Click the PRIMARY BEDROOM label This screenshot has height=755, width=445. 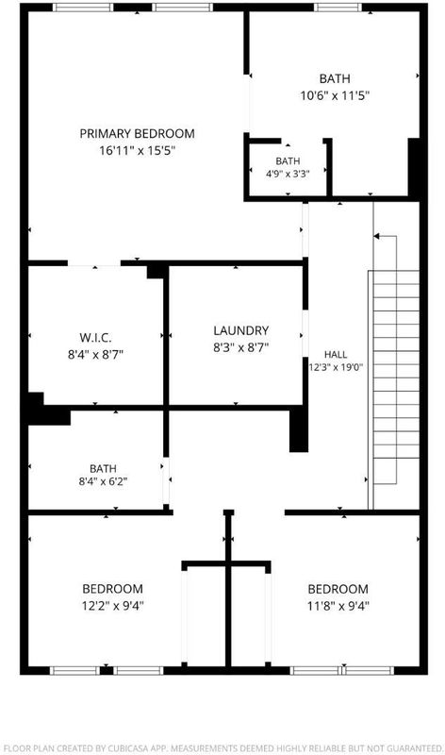(137, 133)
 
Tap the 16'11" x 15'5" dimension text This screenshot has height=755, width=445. (137, 151)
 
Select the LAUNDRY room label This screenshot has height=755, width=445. (241, 330)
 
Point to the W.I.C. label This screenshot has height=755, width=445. (96, 338)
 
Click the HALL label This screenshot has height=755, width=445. (336, 355)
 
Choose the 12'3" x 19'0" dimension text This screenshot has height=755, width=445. (336, 366)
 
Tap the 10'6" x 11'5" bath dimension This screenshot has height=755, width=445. (335, 95)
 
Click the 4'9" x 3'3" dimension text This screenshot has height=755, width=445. (288, 174)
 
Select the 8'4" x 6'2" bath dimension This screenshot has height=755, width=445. (103, 481)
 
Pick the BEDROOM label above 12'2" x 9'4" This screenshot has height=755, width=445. (112, 588)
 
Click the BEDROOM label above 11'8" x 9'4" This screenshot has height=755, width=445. (338, 589)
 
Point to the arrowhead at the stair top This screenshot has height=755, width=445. (377, 236)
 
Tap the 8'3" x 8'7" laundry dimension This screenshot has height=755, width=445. (241, 347)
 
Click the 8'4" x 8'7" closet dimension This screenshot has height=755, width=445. (96, 355)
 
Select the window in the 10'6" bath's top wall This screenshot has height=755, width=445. (338, 8)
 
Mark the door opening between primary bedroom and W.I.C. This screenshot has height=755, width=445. (94, 263)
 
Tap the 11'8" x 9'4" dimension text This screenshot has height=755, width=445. (338, 606)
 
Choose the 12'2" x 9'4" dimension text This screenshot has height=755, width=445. (112, 605)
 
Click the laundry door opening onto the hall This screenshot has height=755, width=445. (305, 334)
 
